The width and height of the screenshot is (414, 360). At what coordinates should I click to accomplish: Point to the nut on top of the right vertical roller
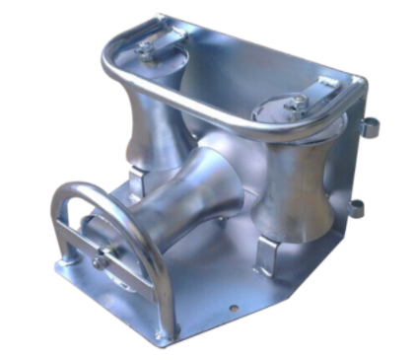point(294,104)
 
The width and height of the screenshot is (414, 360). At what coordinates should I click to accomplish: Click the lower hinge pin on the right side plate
point(357,208)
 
